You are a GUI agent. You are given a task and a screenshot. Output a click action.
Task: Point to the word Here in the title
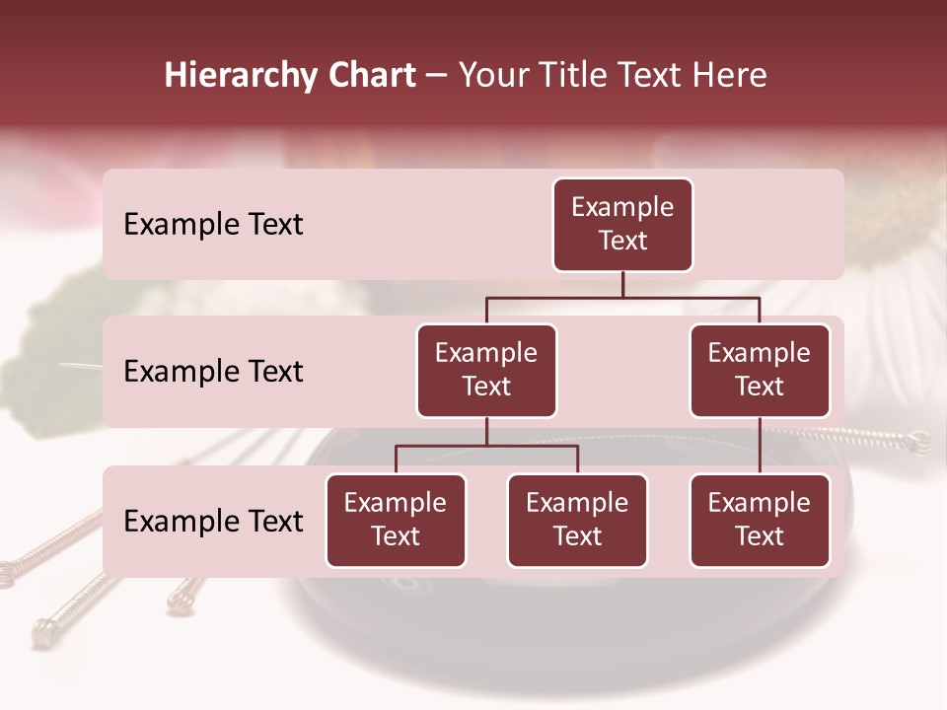tap(731, 76)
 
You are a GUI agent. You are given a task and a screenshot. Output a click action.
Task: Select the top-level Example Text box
tap(622, 224)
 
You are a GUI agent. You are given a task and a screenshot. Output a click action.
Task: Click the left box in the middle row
tap(486, 370)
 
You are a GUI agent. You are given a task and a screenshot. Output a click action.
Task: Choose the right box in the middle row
tap(760, 370)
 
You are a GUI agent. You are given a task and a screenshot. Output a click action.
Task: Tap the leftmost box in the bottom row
tap(396, 520)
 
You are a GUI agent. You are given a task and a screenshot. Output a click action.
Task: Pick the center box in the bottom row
tap(577, 520)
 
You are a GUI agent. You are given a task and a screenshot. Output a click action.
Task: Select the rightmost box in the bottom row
tap(760, 520)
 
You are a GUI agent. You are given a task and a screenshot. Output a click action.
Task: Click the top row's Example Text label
tap(213, 225)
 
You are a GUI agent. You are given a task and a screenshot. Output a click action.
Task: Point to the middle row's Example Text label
tap(213, 372)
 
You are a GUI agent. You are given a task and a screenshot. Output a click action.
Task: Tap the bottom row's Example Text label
tap(213, 522)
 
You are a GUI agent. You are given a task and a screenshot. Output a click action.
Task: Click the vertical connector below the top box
tap(622, 284)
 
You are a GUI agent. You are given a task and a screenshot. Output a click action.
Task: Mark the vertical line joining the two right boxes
tap(760, 446)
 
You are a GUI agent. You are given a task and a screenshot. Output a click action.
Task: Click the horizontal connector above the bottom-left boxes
tap(486, 446)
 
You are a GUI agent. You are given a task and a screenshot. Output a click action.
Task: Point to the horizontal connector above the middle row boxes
tap(622, 297)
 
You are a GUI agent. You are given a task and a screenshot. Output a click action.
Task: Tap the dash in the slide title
tap(437, 77)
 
